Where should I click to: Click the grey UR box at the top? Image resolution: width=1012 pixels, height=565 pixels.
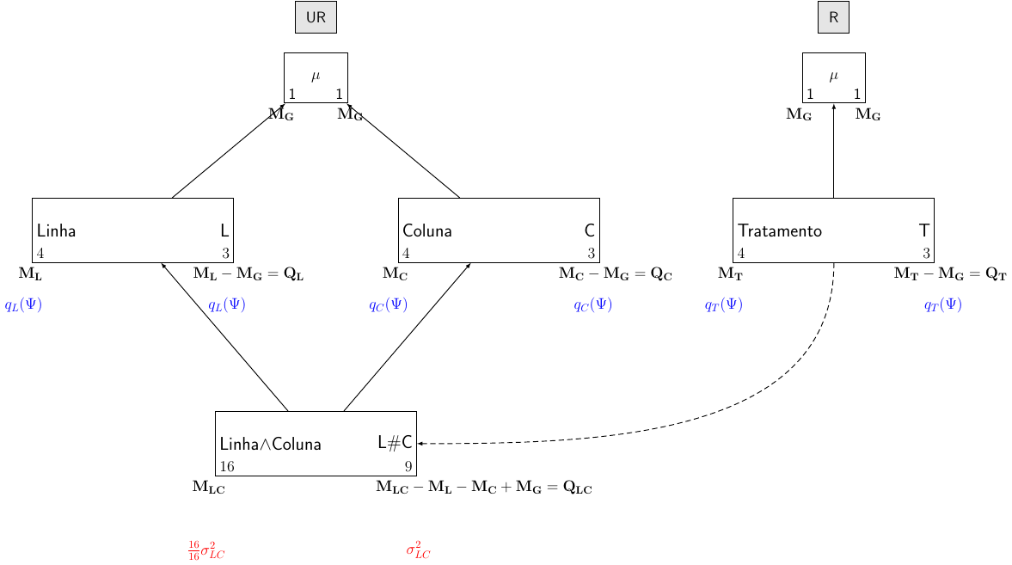pyautogui.click(x=316, y=17)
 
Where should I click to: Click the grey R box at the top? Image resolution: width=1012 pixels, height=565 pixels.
pyautogui.click(x=833, y=17)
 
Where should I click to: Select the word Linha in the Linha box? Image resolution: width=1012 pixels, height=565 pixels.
pyautogui.click(x=57, y=231)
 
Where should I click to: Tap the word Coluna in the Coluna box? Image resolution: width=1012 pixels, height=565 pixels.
pyautogui.click(x=427, y=231)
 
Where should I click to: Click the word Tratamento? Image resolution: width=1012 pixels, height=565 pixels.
pyautogui.click(x=780, y=231)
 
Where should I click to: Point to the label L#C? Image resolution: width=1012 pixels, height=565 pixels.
pyautogui.click(x=395, y=442)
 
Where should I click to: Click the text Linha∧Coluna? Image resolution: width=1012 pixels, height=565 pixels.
pyautogui.click(x=271, y=445)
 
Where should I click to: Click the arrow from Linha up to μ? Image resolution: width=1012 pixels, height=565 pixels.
pyautogui.click(x=228, y=151)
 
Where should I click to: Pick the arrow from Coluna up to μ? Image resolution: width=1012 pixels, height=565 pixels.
pyautogui.click(x=404, y=151)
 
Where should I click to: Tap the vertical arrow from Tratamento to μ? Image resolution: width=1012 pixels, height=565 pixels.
pyautogui.click(x=834, y=151)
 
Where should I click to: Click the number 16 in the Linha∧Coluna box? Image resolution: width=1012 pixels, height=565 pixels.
pyautogui.click(x=227, y=467)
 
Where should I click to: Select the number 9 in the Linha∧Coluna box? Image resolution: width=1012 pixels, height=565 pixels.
pyautogui.click(x=408, y=467)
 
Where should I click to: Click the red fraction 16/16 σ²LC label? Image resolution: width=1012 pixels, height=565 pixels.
pyautogui.click(x=206, y=550)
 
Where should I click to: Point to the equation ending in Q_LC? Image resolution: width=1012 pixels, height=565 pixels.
pyautogui.click(x=483, y=488)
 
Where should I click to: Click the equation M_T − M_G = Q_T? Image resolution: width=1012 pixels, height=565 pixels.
pyautogui.click(x=949, y=274)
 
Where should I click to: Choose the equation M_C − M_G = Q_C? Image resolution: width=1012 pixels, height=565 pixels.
pyautogui.click(x=615, y=274)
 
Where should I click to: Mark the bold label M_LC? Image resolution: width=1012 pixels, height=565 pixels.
pyautogui.click(x=208, y=488)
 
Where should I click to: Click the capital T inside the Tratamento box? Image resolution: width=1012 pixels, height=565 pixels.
pyautogui.click(x=923, y=230)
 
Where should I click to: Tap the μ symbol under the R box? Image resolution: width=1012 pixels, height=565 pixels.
pyautogui.click(x=833, y=76)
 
